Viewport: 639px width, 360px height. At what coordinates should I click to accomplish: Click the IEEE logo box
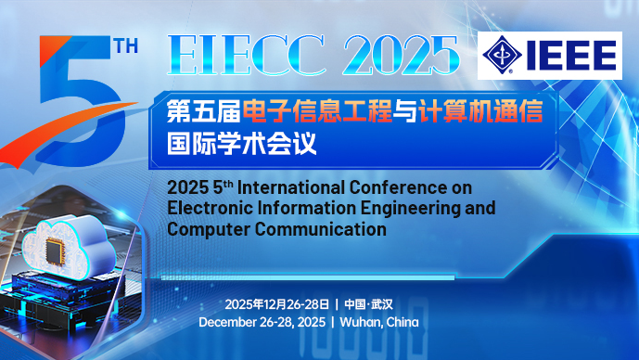point(549,55)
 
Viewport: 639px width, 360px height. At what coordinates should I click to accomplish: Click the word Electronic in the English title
point(209,207)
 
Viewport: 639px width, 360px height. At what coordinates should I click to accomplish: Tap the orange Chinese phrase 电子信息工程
point(316,113)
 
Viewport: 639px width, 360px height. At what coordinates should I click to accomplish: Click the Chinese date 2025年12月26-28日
point(275,304)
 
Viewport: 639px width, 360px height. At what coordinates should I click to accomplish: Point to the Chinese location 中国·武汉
point(369,304)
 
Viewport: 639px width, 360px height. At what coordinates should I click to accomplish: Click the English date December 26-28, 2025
point(262,322)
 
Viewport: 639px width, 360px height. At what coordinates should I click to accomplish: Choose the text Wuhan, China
point(379,322)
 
